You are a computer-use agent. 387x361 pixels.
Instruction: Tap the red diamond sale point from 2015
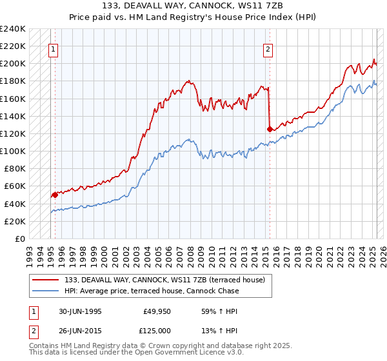[269, 129]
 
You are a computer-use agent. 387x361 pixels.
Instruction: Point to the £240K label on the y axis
[13, 29]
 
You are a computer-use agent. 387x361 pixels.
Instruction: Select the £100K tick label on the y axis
[13, 151]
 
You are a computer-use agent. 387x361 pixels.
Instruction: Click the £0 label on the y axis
[20, 239]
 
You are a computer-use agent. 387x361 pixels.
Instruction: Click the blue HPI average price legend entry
[152, 291]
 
